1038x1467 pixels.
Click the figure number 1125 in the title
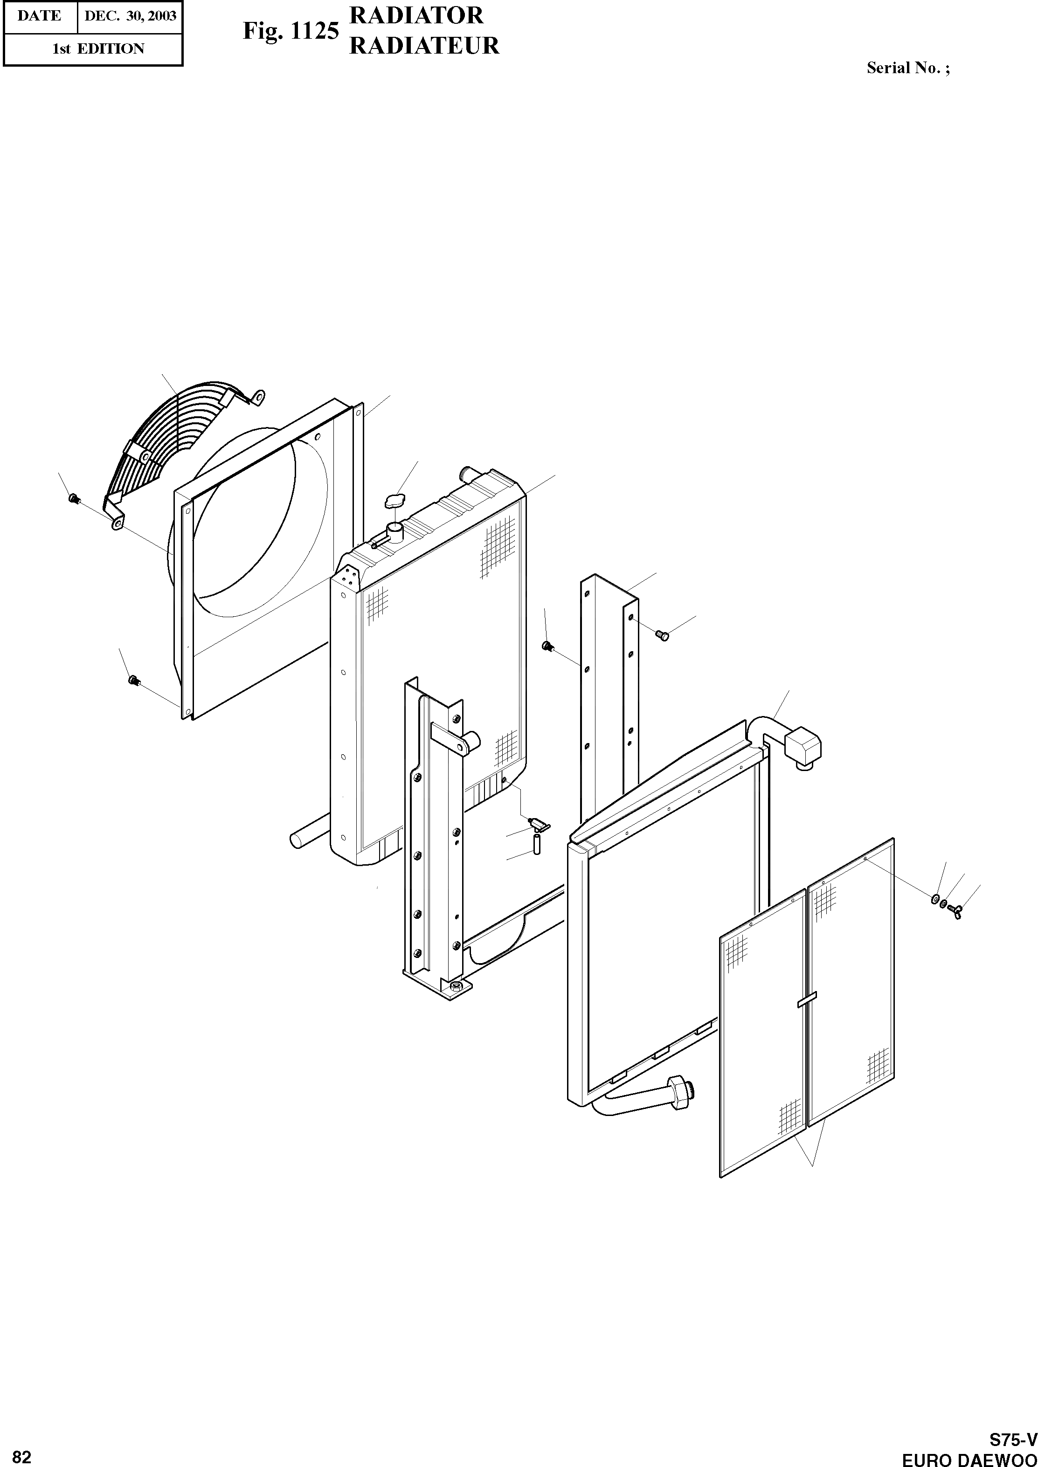pyautogui.click(x=314, y=31)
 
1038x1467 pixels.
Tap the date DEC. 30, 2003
pyautogui.click(x=131, y=16)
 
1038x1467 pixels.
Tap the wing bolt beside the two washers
pyautogui.click(x=956, y=907)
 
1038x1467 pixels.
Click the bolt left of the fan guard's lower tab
pyautogui.click(x=74, y=498)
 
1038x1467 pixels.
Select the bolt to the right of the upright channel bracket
pyautogui.click(x=663, y=635)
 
